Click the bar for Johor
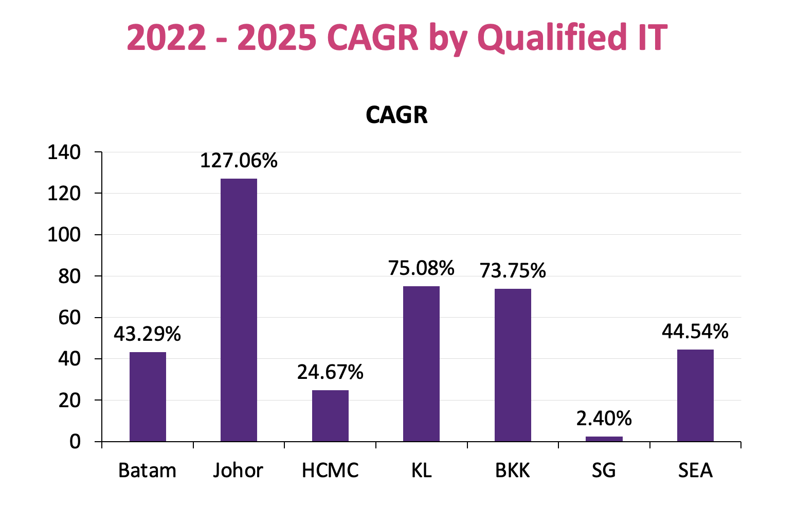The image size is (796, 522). point(239,310)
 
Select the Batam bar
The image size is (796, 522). point(148,396)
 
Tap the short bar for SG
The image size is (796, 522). point(604,439)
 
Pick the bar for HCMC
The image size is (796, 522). point(330,415)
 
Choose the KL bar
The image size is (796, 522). point(421,363)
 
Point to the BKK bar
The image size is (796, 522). point(513,365)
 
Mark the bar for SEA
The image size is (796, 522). point(695,395)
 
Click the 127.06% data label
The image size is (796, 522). point(239,161)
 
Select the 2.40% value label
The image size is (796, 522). point(604,419)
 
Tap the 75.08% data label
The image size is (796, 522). point(421,268)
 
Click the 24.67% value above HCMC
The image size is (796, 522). point(330,372)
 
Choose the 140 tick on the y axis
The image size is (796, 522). point(64,152)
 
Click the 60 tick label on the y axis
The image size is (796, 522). point(69,318)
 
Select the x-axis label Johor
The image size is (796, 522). point(238,471)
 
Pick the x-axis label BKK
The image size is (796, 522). point(512,471)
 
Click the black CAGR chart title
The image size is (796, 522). point(396,115)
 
